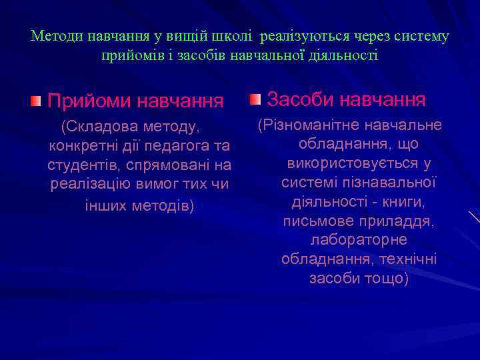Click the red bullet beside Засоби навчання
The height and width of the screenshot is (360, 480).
coord(255,100)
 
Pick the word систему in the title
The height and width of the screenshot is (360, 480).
coord(423,36)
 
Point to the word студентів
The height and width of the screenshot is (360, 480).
coord(77,164)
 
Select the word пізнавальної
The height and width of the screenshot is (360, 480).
coord(392,181)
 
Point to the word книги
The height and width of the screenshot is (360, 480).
coord(403,201)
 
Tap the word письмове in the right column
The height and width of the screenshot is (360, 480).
coord(317,220)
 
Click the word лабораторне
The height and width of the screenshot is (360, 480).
coord(359,239)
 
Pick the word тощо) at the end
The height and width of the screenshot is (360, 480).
coord(384,278)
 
